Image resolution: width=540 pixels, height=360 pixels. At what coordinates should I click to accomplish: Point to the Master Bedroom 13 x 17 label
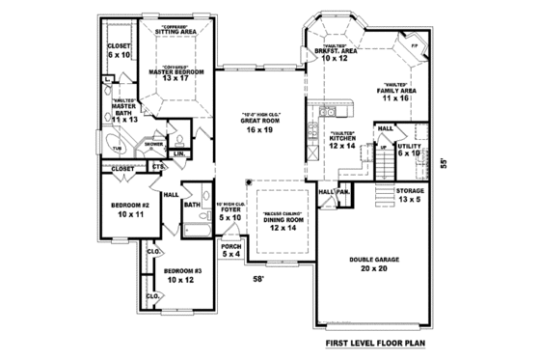pyautogui.click(x=175, y=75)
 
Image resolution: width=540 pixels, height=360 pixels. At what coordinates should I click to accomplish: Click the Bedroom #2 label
pyautogui.click(x=129, y=209)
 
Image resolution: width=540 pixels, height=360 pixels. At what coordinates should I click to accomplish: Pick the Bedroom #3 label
pyautogui.click(x=181, y=274)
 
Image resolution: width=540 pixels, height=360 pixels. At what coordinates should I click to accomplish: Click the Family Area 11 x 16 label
pyautogui.click(x=397, y=94)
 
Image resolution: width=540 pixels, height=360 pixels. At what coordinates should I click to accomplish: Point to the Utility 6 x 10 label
pyautogui.click(x=409, y=149)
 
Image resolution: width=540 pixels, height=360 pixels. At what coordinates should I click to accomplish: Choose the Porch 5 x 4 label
pyautogui.click(x=231, y=249)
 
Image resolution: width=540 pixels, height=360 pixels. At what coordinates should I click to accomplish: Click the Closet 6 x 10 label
pyautogui.click(x=119, y=50)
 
